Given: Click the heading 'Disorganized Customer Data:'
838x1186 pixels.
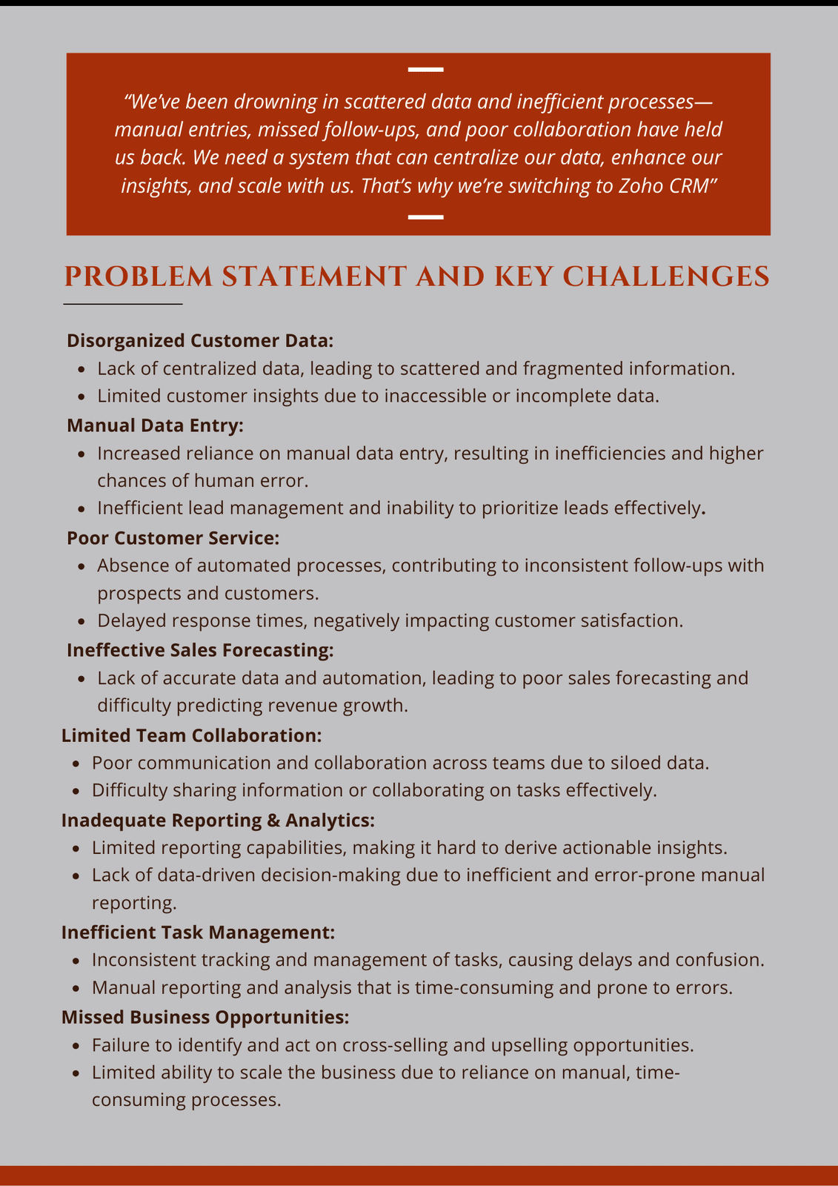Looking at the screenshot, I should [200, 340].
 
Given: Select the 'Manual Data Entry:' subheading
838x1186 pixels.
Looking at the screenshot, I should [155, 425].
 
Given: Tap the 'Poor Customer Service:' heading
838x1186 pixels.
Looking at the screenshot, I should [173, 538].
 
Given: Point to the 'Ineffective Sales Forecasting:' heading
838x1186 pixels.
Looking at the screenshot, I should [200, 650].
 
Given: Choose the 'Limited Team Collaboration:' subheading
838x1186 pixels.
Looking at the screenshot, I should [191, 735].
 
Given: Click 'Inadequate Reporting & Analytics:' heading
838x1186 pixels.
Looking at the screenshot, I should [218, 821].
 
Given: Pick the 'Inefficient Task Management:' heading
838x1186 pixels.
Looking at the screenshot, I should [198, 932].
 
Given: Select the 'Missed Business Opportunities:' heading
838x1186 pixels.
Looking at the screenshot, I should [204, 1018].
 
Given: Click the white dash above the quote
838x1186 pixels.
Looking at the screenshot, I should [426, 70].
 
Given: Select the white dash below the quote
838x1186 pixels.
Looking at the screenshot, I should [426, 217].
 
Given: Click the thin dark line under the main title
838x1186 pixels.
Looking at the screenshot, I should [123, 304].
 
